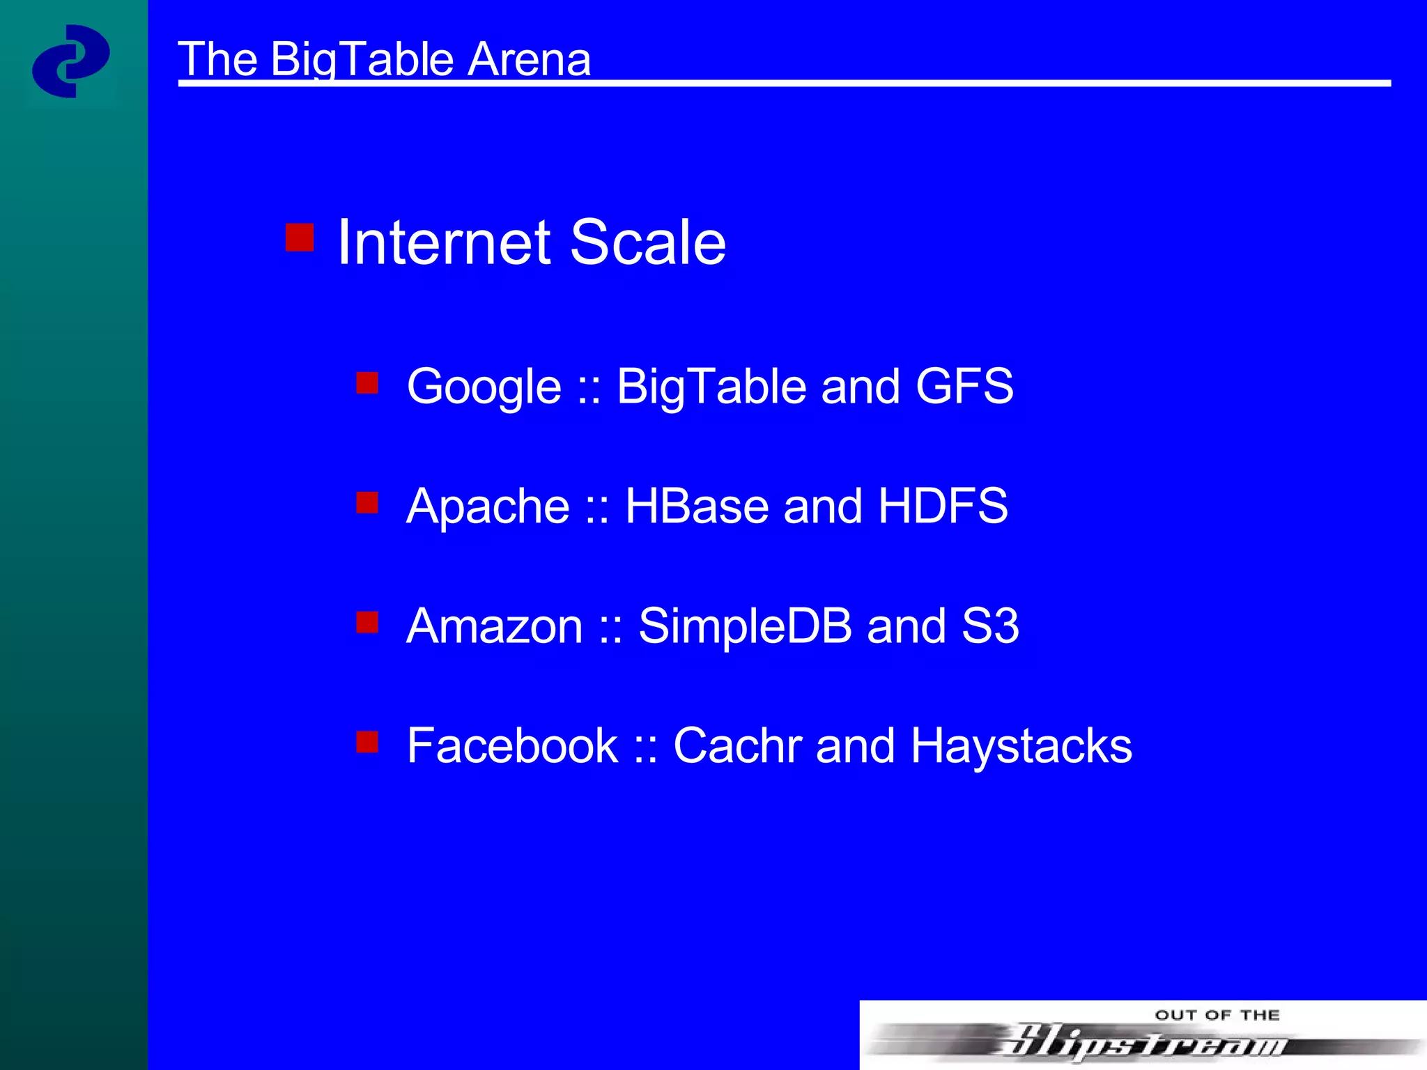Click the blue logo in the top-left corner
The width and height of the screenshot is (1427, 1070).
pos(70,61)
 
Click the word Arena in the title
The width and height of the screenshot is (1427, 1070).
pos(529,59)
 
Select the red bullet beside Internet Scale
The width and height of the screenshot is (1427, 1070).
pos(300,237)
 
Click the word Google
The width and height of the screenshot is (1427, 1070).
pos(484,387)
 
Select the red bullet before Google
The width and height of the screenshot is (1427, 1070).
pos(367,382)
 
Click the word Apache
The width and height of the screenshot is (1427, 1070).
pos(488,506)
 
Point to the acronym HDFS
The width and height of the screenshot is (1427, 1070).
pos(943,506)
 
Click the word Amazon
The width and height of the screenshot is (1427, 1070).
pos(494,626)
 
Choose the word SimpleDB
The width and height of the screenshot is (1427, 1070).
pos(745,626)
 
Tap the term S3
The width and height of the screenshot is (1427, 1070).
pos(990,626)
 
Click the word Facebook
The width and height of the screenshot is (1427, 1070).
pos(512,745)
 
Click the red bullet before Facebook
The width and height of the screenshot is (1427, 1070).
pos(367,742)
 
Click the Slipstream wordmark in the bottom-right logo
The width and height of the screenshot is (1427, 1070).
pos(1143,1041)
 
